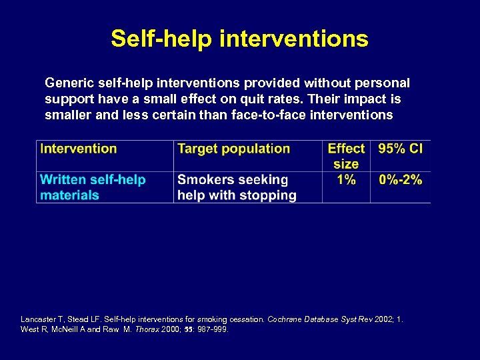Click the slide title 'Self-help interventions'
click(x=239, y=38)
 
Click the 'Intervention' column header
click(x=79, y=149)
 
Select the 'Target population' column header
click(x=233, y=149)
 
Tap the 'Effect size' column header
click(x=346, y=156)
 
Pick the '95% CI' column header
click(x=400, y=149)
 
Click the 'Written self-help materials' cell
click(x=93, y=187)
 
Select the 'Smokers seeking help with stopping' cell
click(x=237, y=187)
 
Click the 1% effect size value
click(x=346, y=179)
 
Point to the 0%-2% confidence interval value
click(x=400, y=179)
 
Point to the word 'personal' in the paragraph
click(x=383, y=83)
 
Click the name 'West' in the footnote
click(x=29, y=329)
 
